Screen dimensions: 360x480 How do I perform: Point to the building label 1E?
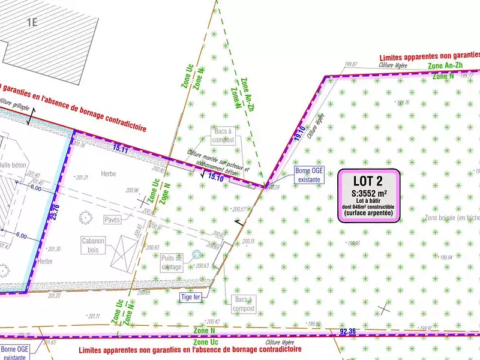(x=32, y=23)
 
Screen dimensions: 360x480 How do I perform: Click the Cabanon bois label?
(x=93, y=245)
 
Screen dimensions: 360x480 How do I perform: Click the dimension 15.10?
(x=215, y=178)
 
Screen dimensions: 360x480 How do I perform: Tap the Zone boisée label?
(x=452, y=218)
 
